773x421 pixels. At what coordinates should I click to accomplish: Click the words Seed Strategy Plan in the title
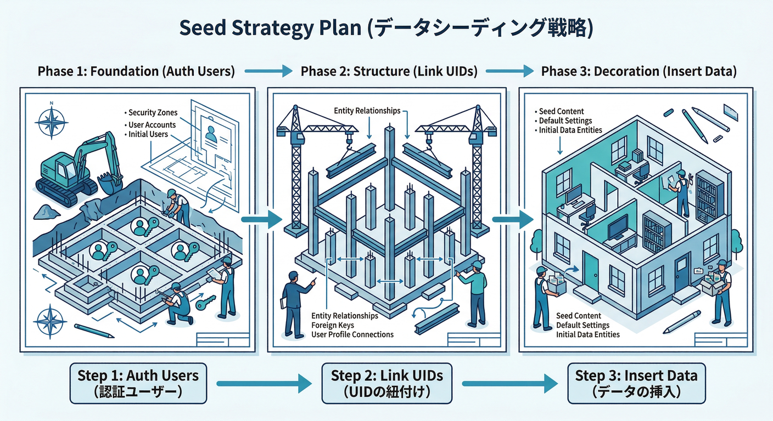(269, 29)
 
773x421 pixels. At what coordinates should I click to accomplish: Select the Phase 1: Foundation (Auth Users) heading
(136, 71)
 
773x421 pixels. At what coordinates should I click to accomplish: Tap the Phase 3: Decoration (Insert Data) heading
(638, 71)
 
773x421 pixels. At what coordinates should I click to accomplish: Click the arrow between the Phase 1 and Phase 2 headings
(268, 71)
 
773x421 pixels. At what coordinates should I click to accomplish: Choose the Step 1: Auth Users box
(138, 383)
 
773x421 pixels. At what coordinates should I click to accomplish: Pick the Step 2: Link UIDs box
(386, 383)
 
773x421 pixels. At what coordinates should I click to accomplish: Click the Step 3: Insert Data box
(636, 383)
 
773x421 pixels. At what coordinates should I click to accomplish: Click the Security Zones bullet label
(152, 112)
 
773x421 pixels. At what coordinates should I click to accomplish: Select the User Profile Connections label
(352, 334)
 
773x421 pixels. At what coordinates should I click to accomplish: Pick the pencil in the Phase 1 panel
(90, 329)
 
